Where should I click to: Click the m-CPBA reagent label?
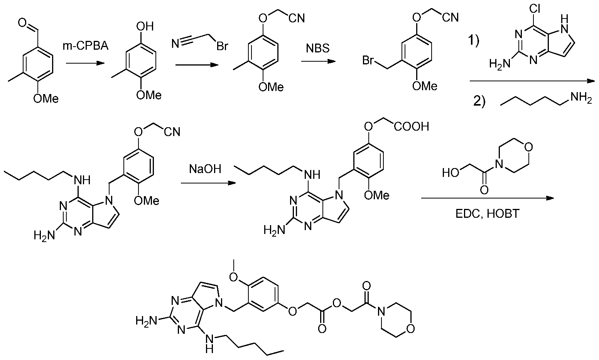tap(86, 46)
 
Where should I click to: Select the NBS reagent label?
tap(318, 49)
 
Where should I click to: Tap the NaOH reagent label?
tap(205, 169)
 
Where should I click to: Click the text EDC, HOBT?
tap(487, 214)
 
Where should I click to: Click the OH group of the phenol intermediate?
tap(145, 27)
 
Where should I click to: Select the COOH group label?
tap(412, 126)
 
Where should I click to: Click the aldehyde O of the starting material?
tap(22, 23)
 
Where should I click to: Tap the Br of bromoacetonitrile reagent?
tap(222, 46)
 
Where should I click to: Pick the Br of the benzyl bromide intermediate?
tap(368, 61)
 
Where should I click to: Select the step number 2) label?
tap(479, 101)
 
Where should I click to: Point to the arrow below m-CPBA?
tap(85, 63)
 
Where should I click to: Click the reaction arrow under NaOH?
tap(208, 183)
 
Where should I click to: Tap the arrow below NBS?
tap(318, 61)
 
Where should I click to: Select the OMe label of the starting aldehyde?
tap(46, 99)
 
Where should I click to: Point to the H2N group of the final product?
tap(146, 320)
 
